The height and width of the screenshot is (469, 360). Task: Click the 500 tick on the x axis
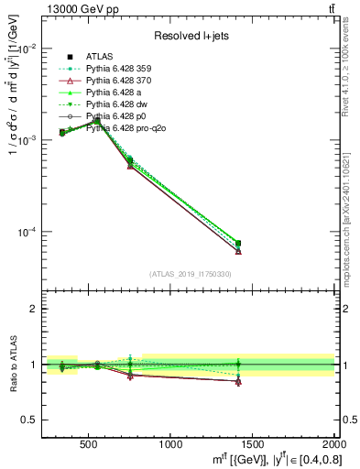[90, 445]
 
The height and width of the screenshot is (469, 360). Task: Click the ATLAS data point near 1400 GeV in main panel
[238, 244]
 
